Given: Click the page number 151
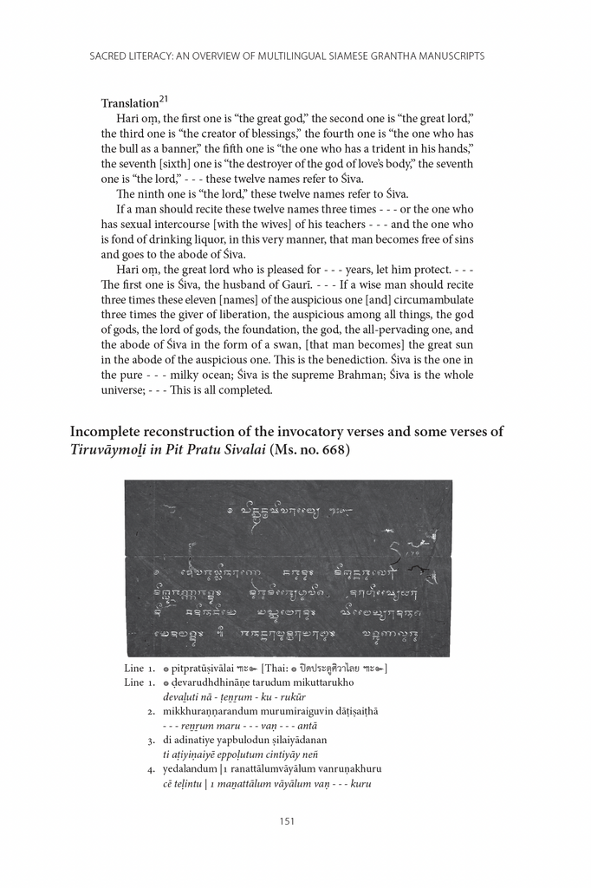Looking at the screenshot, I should click(x=289, y=822).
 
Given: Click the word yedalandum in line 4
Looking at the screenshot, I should click(x=190, y=768).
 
